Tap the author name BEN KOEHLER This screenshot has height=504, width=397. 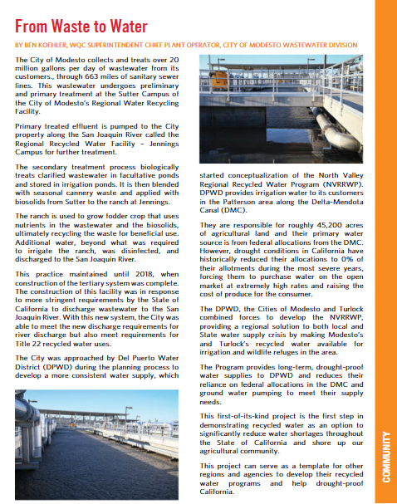(47, 45)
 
